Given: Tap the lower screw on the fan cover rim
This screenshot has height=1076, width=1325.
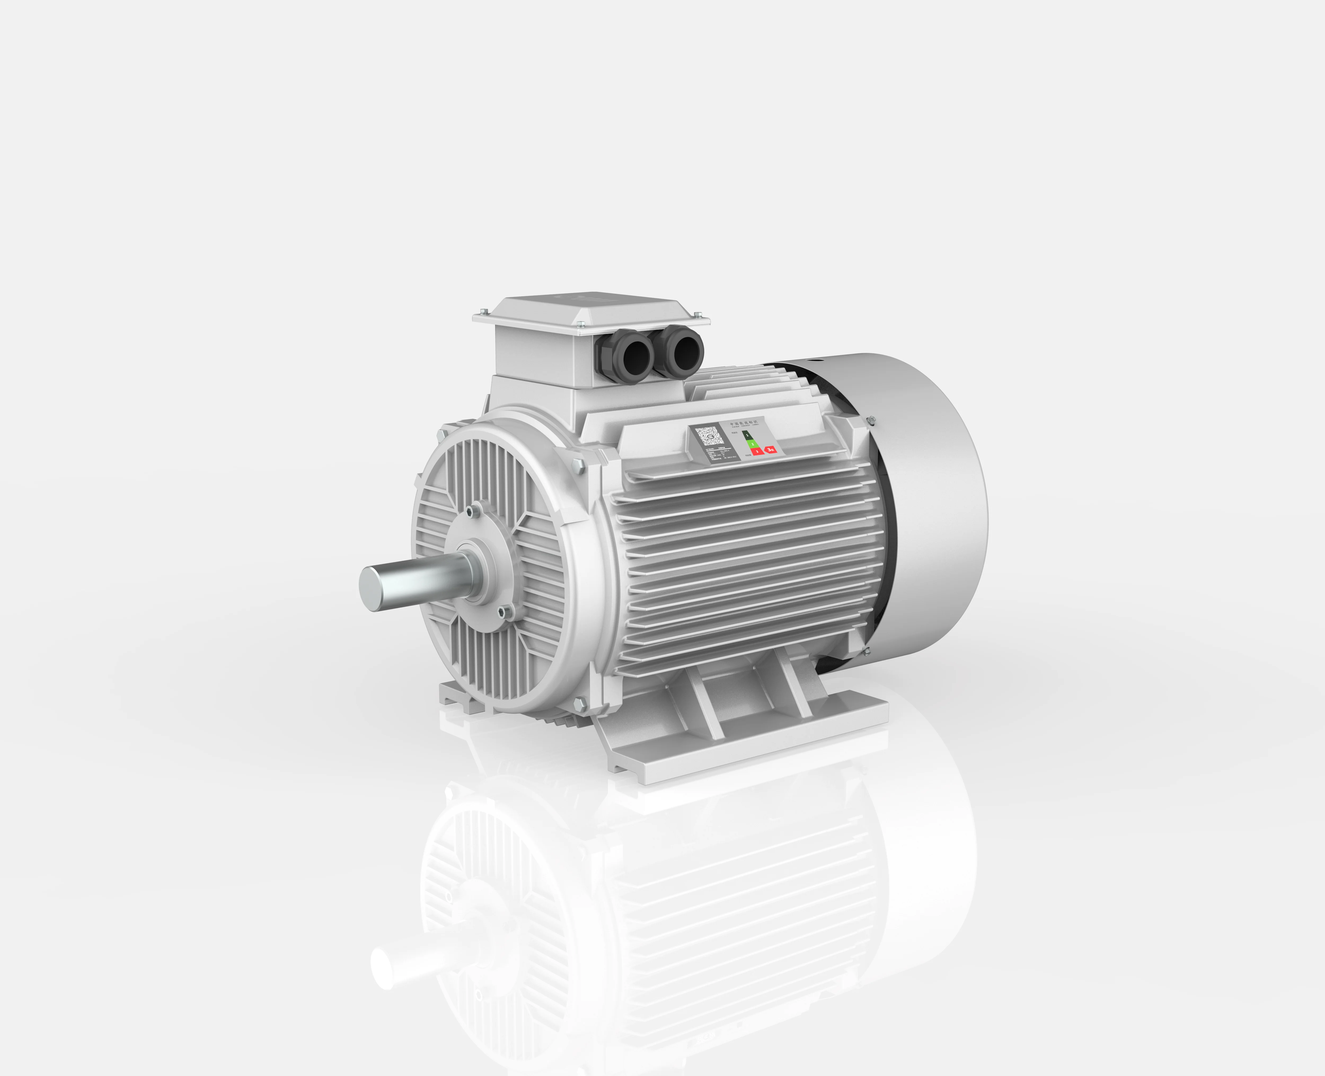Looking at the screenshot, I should pyautogui.click(x=866, y=651).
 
